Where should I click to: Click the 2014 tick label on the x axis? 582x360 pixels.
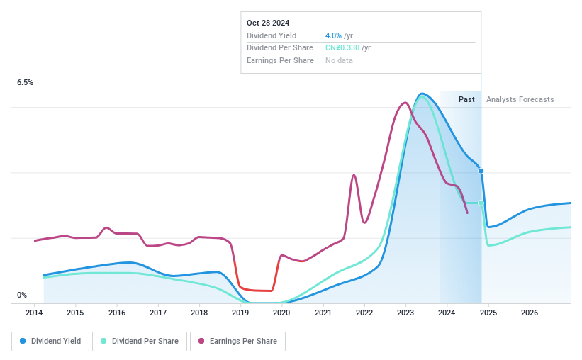34,313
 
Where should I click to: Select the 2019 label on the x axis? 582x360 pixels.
240,313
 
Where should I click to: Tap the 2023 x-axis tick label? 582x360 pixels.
405,313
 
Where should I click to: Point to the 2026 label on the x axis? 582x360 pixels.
529,313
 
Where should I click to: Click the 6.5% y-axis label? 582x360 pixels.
25,83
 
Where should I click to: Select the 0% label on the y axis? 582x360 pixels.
22,295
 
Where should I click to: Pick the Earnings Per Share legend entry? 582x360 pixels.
237,342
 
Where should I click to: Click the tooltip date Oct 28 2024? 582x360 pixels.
268,23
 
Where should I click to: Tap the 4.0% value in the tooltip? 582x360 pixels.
334,35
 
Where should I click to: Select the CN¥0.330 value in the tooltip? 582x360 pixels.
342,47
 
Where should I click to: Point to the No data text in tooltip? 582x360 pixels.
339,60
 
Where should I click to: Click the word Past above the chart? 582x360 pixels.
466,99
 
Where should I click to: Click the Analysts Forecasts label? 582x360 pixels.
520,99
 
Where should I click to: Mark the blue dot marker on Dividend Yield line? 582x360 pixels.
481,171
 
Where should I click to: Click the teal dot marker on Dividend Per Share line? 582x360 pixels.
481,203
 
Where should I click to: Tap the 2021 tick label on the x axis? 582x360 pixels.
323,313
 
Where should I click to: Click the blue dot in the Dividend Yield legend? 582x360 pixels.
23,342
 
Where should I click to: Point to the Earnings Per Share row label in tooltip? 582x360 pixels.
280,60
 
